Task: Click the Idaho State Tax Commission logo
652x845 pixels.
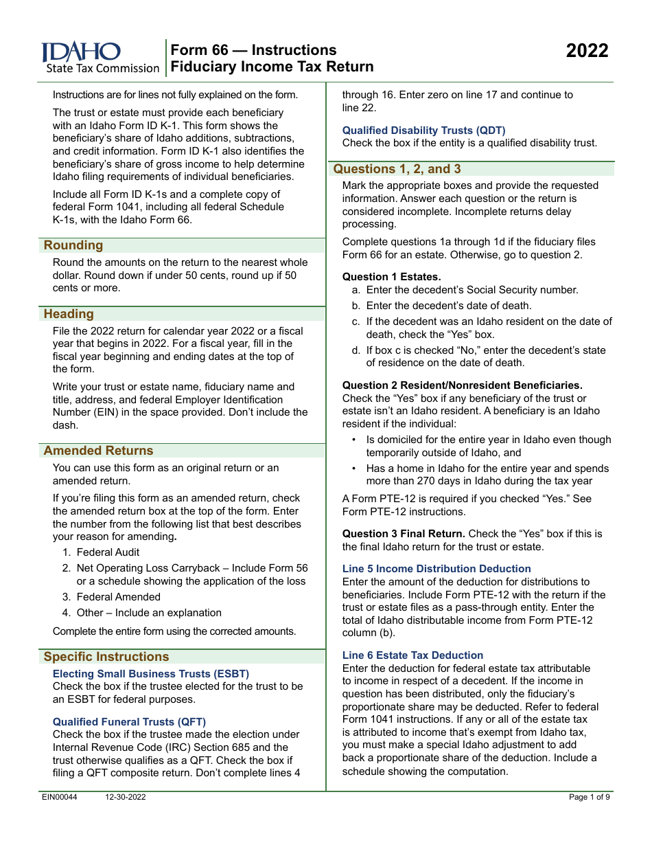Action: point(99,58)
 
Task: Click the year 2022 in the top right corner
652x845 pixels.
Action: point(587,52)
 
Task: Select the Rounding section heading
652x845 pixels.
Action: point(73,245)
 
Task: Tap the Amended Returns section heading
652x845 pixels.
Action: point(98,451)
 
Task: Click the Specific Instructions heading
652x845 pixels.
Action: point(106,657)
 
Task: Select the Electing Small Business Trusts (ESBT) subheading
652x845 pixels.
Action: point(151,674)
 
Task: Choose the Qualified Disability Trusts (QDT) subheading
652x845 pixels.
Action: point(423,131)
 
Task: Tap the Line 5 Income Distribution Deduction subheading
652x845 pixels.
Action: point(436,569)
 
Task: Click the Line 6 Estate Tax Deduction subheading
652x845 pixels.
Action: point(412,655)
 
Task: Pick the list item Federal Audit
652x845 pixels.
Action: point(108,552)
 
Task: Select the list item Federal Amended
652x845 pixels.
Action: point(118,597)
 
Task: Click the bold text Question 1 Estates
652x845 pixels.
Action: point(391,277)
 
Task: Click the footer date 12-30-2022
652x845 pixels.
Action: point(126,797)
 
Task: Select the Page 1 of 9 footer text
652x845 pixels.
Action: point(589,797)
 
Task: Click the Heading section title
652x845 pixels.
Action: point(69,314)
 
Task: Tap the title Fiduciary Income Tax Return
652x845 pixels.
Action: point(272,67)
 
